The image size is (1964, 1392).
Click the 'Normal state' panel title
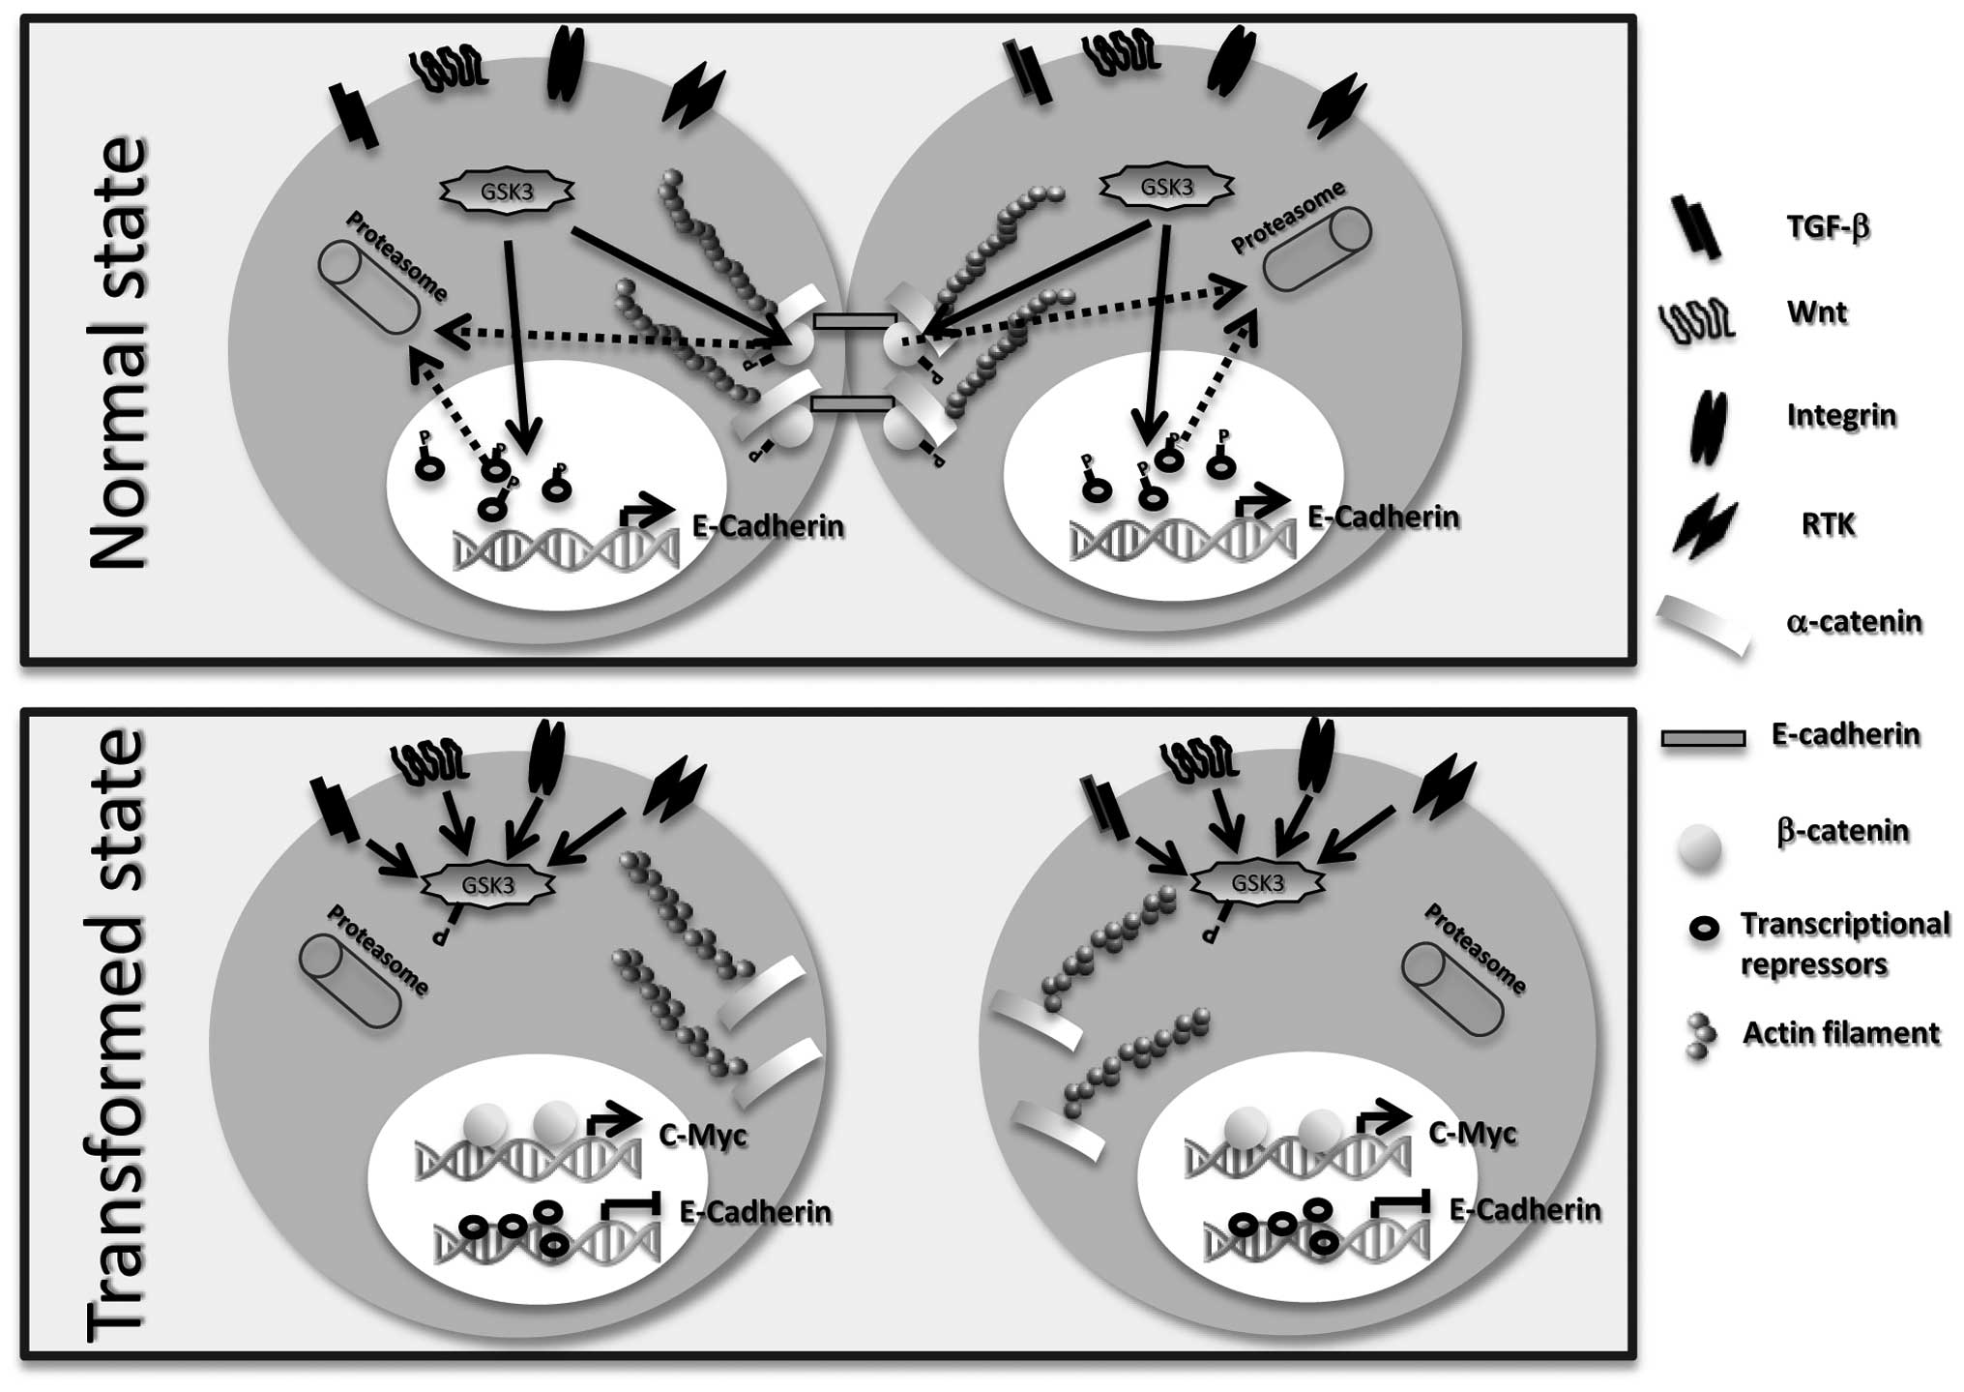click(x=118, y=353)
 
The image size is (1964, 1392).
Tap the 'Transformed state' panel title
click(x=118, y=1035)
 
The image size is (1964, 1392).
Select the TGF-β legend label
click(x=1827, y=227)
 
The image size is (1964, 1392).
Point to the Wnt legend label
click(x=1817, y=313)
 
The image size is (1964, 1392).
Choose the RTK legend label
click(x=1829, y=525)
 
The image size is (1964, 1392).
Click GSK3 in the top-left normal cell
click(x=507, y=192)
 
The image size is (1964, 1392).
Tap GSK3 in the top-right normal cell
click(x=1167, y=188)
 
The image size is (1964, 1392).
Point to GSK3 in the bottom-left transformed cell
click(x=487, y=886)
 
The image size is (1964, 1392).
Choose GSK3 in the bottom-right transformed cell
click(x=1257, y=882)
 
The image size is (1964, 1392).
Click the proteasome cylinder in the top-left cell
click(x=368, y=288)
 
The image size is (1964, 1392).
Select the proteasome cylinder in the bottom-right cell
click(x=1452, y=990)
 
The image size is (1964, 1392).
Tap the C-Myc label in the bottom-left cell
click(x=703, y=1134)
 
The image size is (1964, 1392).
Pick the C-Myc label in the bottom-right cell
click(x=1472, y=1133)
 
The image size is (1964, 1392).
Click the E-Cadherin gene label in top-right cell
click(x=1383, y=518)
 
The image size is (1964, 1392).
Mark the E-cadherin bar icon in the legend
click(x=1703, y=739)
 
